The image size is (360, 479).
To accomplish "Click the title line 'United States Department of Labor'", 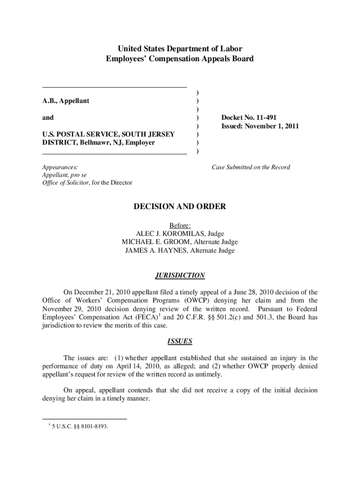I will (180, 49).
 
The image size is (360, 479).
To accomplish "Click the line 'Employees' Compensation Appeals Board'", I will (180, 59).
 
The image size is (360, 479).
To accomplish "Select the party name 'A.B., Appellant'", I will (66, 101).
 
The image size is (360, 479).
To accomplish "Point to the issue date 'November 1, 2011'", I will (273, 126).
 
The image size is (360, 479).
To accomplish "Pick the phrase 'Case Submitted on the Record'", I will (251, 167).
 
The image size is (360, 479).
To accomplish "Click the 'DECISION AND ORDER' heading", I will (180, 207).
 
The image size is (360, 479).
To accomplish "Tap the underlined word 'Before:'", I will (180, 225).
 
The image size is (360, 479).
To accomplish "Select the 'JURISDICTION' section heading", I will (180, 276).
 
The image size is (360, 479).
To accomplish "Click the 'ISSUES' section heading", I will (180, 341).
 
